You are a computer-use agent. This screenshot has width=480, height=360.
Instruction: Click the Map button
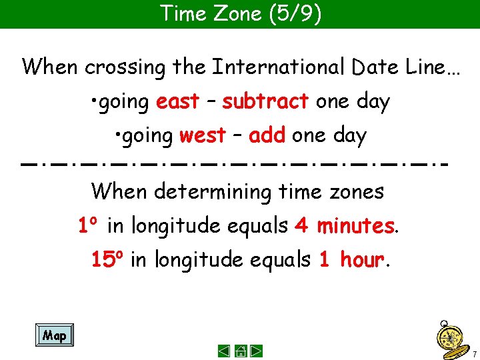tap(54, 335)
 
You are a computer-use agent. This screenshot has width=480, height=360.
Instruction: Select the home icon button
tap(241, 351)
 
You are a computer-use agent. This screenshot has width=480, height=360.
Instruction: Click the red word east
tap(177, 102)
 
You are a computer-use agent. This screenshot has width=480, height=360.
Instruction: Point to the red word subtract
tap(265, 102)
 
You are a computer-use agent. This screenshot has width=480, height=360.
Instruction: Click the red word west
tap(203, 136)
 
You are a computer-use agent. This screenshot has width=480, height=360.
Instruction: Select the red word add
tap(267, 136)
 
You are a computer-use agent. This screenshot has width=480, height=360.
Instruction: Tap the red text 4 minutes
tap(344, 227)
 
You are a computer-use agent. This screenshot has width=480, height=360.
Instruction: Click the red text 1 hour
tap(351, 259)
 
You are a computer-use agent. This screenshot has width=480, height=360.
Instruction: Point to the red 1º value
tap(89, 227)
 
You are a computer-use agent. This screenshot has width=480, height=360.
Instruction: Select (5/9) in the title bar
tap(293, 13)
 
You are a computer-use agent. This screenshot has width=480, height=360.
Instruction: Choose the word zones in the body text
tap(357, 193)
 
